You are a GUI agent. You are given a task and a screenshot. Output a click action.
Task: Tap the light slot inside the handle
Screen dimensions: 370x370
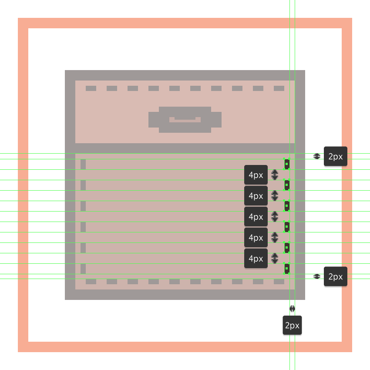click(185, 119)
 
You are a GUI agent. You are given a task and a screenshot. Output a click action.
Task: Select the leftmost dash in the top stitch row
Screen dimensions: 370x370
click(91, 88)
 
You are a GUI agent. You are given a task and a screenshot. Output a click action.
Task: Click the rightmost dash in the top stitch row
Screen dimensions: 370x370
click(279, 88)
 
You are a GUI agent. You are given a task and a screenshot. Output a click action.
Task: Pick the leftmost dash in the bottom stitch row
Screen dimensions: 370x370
click(91, 282)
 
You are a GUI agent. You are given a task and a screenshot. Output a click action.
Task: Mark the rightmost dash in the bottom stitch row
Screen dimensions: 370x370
click(279, 282)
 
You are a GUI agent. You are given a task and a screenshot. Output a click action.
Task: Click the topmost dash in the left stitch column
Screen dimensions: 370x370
click(83, 164)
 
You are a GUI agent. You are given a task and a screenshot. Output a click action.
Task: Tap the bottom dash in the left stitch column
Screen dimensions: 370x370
click(83, 269)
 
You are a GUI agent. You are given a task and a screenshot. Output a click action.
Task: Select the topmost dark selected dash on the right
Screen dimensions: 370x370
click(287, 164)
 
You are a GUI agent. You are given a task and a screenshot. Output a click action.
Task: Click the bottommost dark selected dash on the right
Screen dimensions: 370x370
click(287, 269)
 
